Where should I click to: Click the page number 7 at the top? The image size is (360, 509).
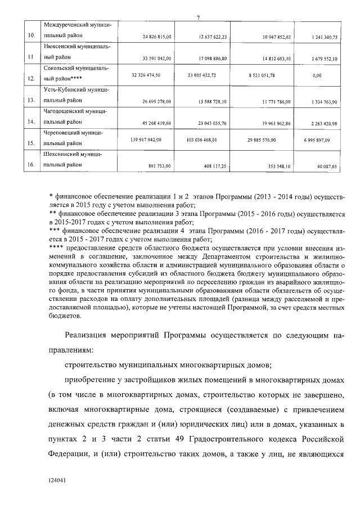pos(198,16)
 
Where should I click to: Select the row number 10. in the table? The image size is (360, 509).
pos(31,37)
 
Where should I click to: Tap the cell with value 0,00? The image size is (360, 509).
pos(319,74)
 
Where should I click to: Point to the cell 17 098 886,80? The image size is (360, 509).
pos(213,58)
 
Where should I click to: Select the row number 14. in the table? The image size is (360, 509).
pos(31,121)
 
